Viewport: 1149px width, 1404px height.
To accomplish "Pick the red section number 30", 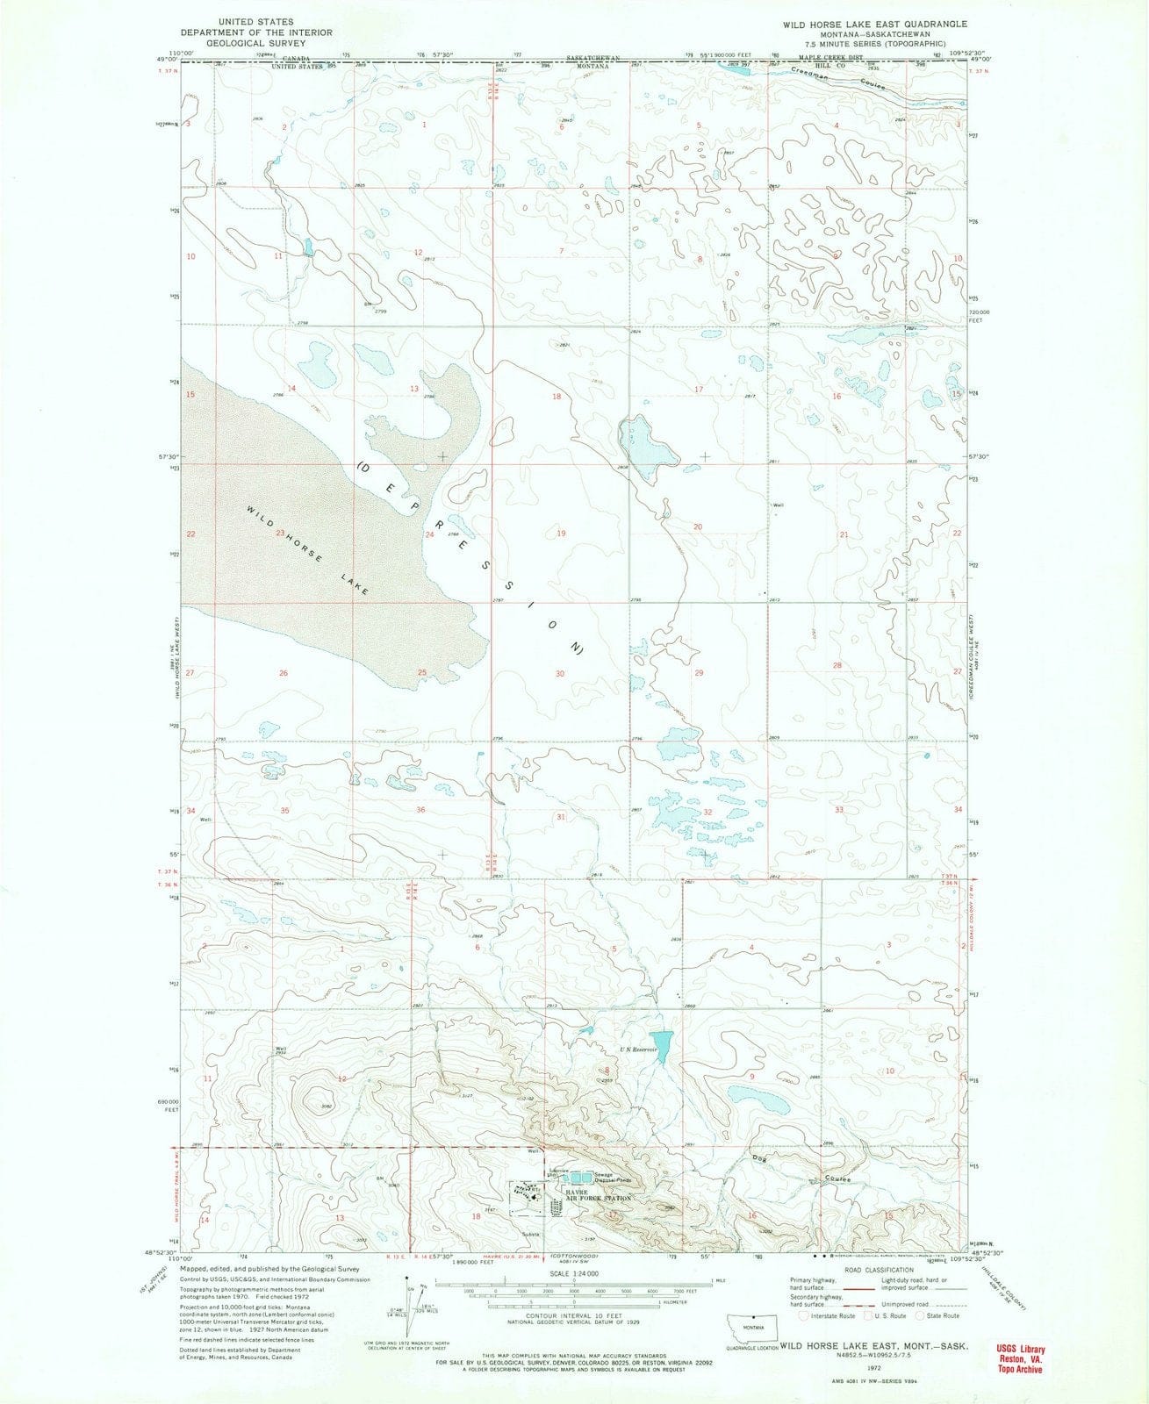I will coord(559,673).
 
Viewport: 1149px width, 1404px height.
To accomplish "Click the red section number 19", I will coord(560,534).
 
